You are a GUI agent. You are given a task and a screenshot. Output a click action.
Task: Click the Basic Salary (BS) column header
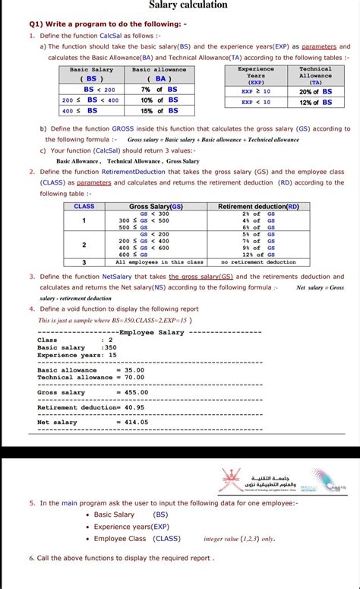[91, 74]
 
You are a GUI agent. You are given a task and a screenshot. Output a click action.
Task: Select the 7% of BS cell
[159, 89]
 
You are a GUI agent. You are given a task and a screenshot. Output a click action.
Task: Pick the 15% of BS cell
[159, 110]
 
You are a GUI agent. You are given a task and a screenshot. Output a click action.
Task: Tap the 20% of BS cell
[316, 91]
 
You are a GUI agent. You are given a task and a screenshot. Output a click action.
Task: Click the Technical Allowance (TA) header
[315, 74]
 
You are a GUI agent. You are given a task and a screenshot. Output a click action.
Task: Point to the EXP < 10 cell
[256, 102]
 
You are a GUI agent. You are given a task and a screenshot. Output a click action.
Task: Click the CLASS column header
[84, 206]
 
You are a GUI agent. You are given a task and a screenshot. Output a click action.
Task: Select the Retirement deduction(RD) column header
[258, 206]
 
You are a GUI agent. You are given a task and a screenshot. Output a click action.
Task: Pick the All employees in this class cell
[159, 261]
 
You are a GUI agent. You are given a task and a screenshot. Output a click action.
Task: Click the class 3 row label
[84, 261]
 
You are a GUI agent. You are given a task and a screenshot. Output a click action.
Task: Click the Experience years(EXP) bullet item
[131, 526]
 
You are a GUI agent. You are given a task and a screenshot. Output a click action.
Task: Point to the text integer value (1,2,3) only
[239, 538]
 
